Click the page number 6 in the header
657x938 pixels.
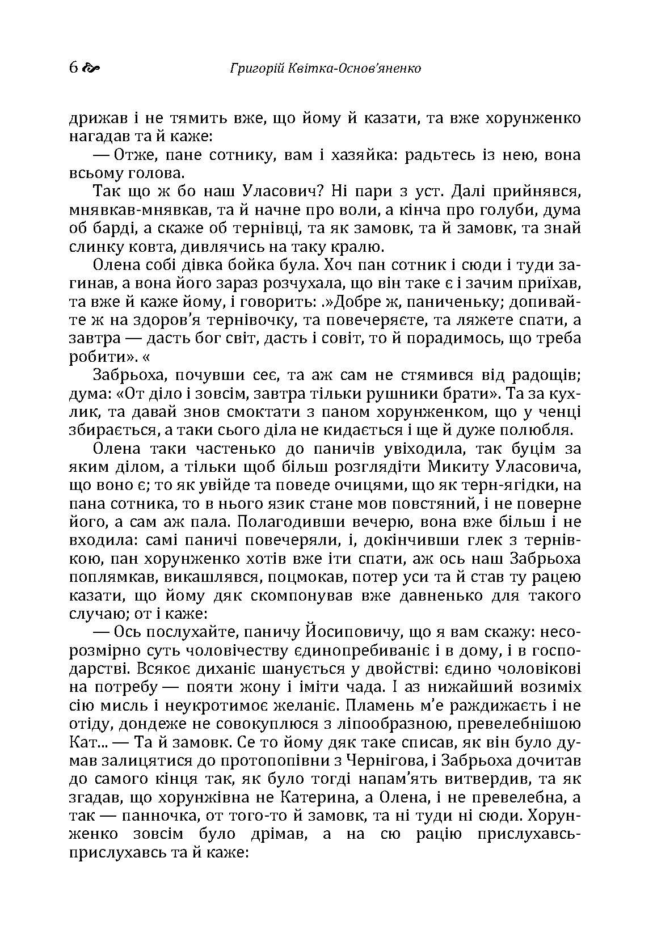pos(73,68)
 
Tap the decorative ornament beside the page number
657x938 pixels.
pos(91,69)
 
